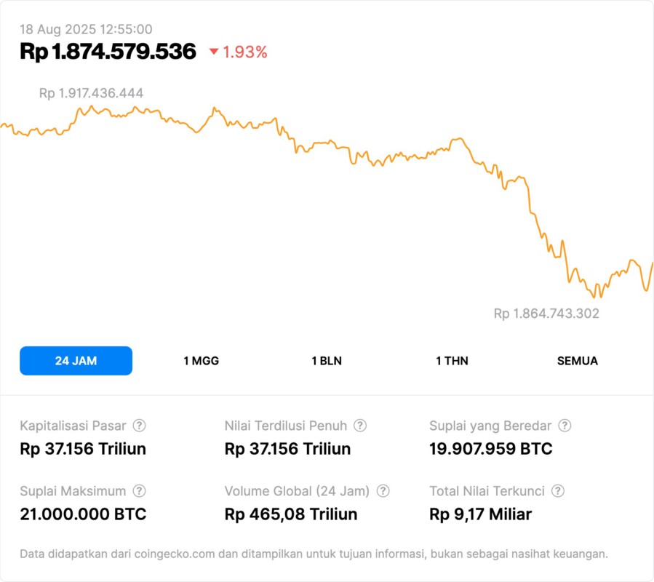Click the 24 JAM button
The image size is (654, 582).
[76, 361]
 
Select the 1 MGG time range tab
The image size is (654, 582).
[201, 361]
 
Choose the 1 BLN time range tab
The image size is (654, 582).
[327, 361]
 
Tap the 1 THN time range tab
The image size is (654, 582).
[452, 361]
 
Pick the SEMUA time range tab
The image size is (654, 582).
[578, 361]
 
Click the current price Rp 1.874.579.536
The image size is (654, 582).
[108, 52]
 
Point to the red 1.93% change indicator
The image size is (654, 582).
[239, 52]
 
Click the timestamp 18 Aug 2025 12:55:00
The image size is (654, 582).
[86, 29]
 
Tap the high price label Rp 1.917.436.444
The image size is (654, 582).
[91, 93]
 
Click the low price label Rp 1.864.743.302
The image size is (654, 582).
[546, 314]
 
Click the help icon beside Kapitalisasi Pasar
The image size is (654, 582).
[139, 426]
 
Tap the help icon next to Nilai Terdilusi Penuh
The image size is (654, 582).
[360, 426]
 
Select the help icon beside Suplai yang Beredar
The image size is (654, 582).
[565, 426]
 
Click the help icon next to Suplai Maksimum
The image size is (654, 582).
[139, 491]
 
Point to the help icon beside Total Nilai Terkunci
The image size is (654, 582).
[558, 491]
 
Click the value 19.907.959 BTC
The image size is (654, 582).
[490, 449]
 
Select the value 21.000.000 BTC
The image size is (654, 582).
[83, 514]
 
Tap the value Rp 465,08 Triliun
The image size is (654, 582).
[291, 514]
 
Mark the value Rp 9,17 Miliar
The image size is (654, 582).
[480, 514]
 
